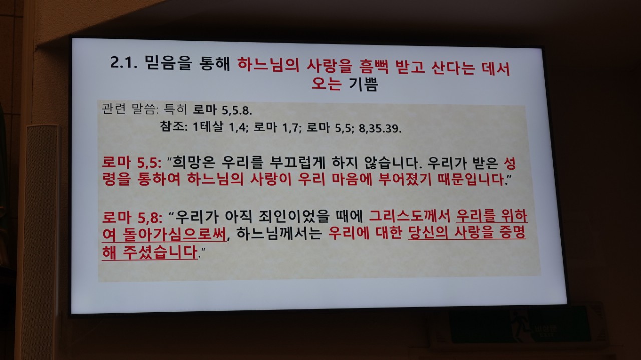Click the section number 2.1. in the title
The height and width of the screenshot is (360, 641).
point(124,63)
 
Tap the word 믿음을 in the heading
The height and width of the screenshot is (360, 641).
point(168,63)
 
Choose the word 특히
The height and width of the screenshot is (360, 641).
point(175,109)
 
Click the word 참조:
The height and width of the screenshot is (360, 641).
point(174,126)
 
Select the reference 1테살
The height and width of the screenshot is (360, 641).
point(208,127)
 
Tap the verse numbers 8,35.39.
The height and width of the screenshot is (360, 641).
point(380,129)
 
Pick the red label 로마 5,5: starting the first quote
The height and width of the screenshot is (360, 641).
point(132,163)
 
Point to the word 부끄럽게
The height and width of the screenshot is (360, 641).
point(297,163)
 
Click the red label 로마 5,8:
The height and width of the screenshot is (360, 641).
point(132,217)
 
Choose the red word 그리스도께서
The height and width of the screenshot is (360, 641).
point(410,216)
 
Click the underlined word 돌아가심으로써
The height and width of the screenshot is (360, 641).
point(175,235)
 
